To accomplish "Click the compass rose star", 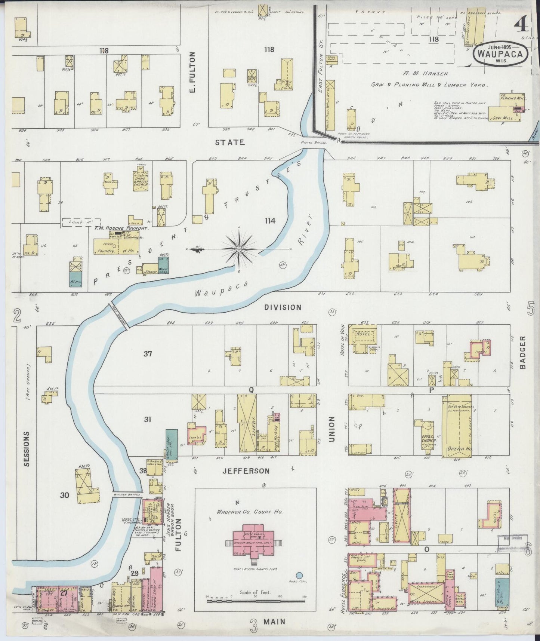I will (239, 249).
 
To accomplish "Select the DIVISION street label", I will (283, 307).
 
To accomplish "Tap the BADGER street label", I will (522, 352).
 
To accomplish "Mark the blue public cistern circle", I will (299, 576).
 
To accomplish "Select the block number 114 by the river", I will (270, 221).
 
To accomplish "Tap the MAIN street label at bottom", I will (274, 622).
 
